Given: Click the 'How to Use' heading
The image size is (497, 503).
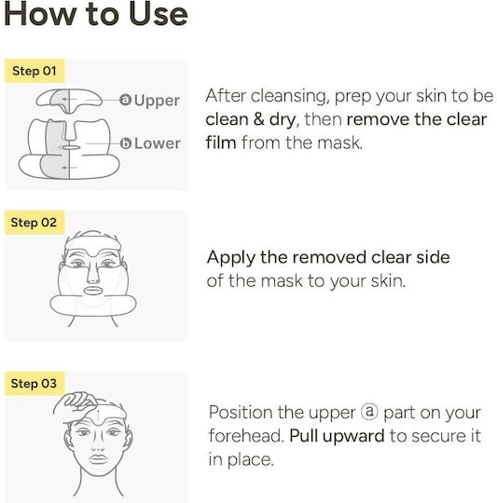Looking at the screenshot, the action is click(x=96, y=13).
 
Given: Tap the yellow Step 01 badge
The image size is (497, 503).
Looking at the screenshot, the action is click(x=35, y=71).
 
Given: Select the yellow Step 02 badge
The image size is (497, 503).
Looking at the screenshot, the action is click(x=35, y=223).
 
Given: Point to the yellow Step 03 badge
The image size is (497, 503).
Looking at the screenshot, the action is click(x=35, y=384).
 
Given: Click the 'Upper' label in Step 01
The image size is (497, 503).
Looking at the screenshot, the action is click(x=157, y=101).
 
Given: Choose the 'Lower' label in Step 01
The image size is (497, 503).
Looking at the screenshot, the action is click(x=158, y=143).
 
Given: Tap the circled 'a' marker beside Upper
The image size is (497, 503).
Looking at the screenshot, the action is click(x=126, y=100).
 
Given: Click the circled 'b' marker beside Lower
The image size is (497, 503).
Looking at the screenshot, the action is click(x=126, y=143).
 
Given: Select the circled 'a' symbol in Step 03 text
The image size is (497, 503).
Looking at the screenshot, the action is click(x=369, y=412).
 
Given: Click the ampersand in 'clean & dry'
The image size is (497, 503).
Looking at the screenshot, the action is click(x=258, y=119).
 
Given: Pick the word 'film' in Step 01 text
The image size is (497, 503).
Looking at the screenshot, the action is click(x=221, y=143).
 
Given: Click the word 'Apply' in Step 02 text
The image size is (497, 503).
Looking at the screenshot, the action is click(x=231, y=258).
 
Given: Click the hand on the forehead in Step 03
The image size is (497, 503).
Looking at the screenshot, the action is click(x=76, y=405).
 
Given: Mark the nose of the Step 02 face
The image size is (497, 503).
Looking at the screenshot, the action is click(x=93, y=273).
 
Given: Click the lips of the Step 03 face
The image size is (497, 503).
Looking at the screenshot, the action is click(x=98, y=459).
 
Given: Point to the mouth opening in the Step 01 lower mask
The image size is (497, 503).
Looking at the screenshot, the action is click(x=71, y=147).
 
